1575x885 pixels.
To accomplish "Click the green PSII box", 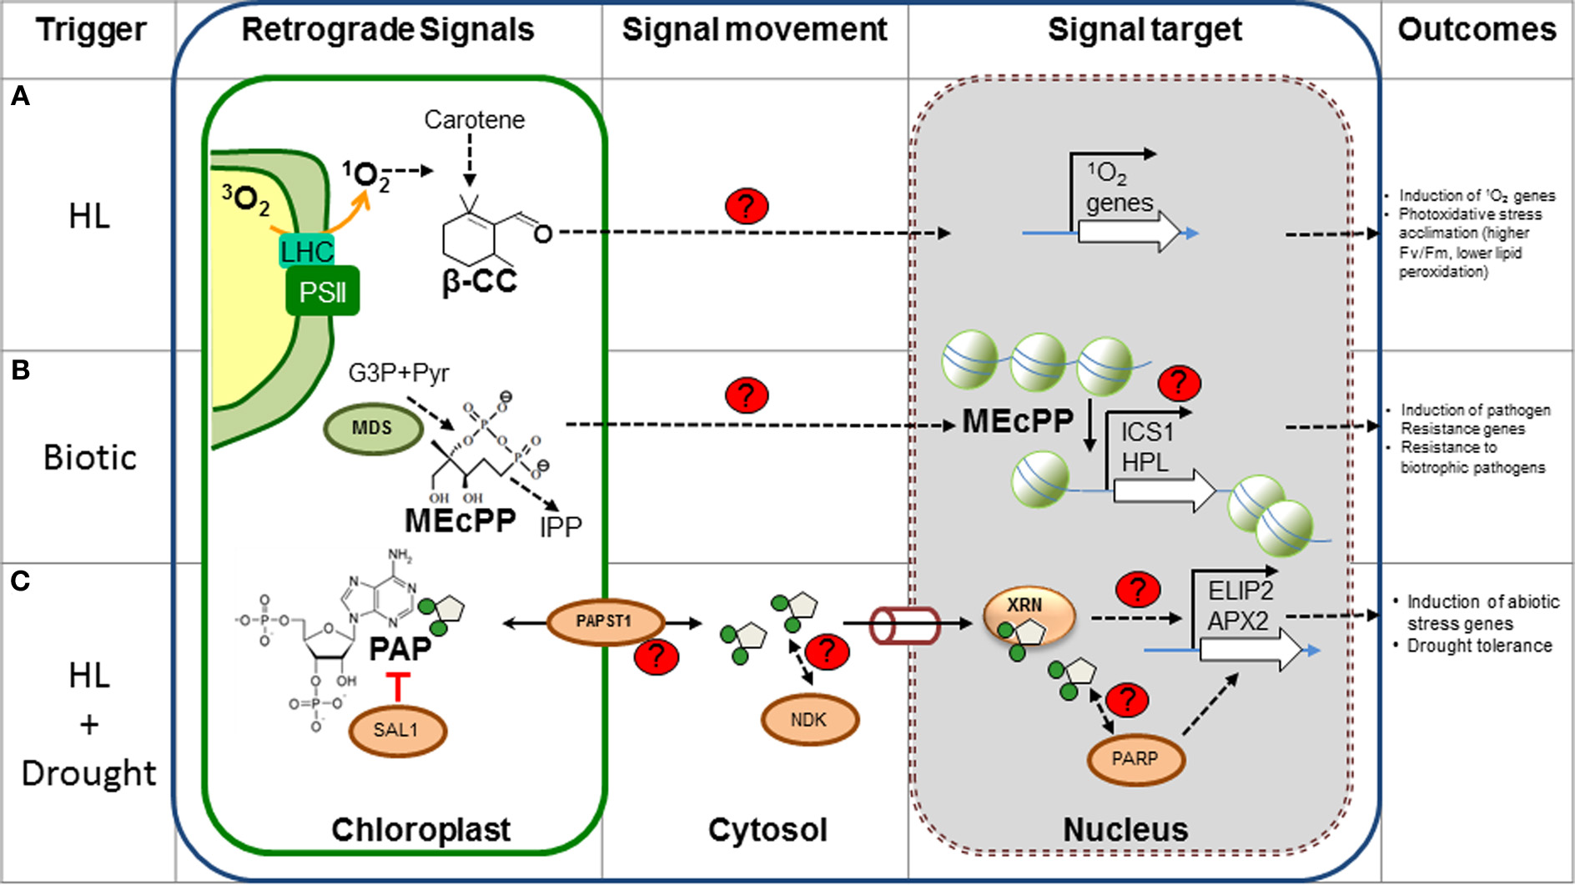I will [x=322, y=292].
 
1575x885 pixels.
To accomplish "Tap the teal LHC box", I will [x=306, y=251].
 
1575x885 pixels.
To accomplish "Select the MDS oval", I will [x=372, y=429].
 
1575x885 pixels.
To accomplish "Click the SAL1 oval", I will [x=396, y=731].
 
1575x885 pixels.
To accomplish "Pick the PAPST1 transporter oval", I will [x=605, y=622].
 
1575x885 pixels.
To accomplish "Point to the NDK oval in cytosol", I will [x=808, y=720].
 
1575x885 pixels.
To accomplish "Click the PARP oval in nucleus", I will [x=1135, y=759].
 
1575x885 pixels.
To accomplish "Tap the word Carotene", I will [x=474, y=120].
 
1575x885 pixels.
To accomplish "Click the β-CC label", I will [x=479, y=282].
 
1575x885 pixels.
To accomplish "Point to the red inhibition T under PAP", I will [x=398, y=686].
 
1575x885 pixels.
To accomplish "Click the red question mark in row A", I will [x=746, y=205].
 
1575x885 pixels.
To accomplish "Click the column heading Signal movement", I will [x=754, y=30].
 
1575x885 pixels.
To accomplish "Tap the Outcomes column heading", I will [x=1477, y=30].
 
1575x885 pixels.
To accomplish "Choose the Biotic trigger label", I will [x=90, y=458].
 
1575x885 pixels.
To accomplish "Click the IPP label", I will [x=560, y=527].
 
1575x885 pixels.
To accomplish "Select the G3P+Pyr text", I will [x=398, y=373].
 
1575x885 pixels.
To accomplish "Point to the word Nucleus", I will [x=1125, y=830].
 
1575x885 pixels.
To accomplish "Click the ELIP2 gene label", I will [x=1240, y=591].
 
